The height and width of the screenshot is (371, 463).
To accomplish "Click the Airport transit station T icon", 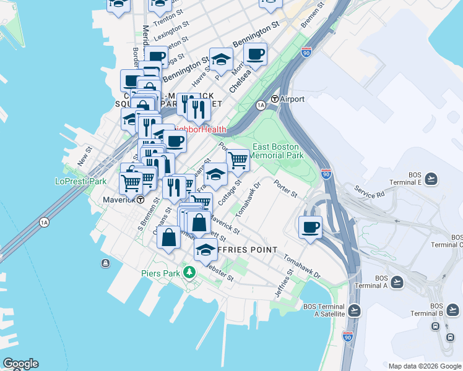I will [275, 100].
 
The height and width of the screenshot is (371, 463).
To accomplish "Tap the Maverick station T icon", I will [141, 200].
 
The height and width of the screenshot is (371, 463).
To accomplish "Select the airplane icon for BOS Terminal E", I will [431, 179].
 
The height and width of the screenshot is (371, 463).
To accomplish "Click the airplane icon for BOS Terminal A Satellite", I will [354, 310].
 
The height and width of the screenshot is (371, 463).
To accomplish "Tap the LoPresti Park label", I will [81, 181].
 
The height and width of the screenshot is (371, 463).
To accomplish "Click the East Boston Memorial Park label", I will [278, 151].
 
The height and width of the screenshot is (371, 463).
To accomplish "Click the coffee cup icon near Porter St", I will [310, 226].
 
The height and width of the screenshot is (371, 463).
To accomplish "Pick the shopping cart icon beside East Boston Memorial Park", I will [238, 160].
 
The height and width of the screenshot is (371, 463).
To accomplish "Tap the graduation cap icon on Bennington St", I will [221, 59].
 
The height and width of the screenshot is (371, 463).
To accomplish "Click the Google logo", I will [20, 364].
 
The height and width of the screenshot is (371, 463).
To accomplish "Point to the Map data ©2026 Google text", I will [424, 365].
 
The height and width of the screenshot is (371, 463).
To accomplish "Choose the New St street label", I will [84, 157].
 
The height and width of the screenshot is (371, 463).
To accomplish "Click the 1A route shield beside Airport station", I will [261, 106].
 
